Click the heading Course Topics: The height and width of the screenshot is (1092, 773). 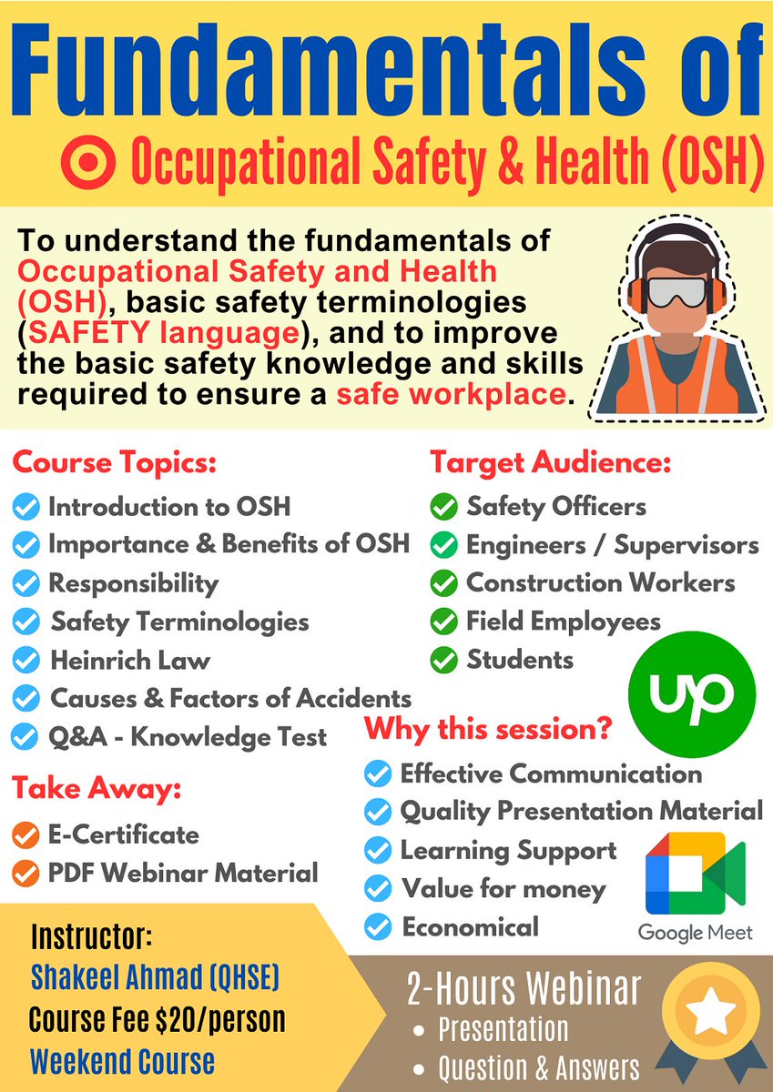click(114, 462)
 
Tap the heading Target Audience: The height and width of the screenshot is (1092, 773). click(550, 462)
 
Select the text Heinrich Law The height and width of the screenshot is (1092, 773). click(130, 660)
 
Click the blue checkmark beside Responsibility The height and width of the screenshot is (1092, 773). click(26, 583)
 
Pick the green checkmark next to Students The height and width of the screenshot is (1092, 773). click(444, 660)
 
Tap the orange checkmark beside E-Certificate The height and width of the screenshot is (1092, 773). click(26, 834)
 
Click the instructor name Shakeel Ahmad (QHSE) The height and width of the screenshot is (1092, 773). click(155, 977)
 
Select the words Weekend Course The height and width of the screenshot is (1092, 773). click(122, 1061)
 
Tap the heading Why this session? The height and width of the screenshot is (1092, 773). click(487, 729)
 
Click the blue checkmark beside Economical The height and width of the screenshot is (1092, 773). click(377, 927)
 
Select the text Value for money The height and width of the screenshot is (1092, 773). click(503, 889)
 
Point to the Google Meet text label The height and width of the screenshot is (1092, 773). click(696, 933)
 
